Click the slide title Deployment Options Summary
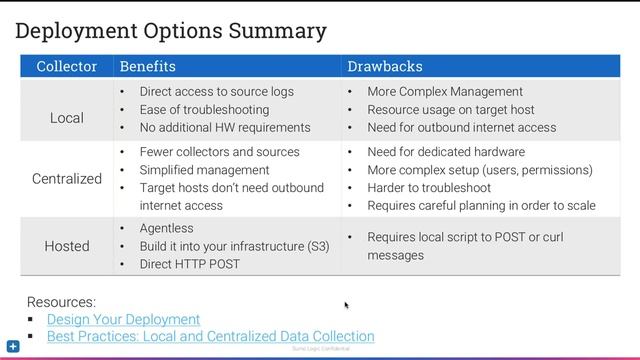171,31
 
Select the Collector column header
67,66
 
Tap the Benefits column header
147,66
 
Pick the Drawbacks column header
384,66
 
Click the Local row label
67,118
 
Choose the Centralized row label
67,179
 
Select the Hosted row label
67,246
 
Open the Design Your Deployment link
123,319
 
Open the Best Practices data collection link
210,337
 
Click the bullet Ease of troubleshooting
204,109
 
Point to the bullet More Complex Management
445,91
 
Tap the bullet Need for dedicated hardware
446,152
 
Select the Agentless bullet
166,228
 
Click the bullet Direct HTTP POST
189,264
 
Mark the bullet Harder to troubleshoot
429,188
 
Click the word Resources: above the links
61,301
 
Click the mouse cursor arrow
346,305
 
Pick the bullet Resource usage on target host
450,109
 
